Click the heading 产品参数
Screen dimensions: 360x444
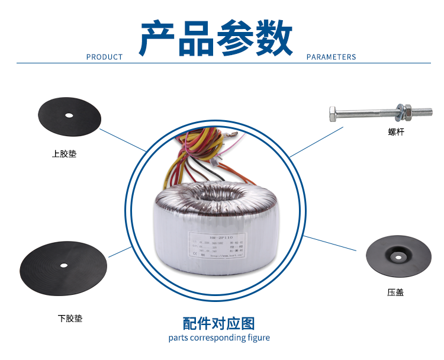[x=215, y=38]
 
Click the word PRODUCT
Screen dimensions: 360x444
[x=104, y=57]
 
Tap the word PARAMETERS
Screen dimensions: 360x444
[x=331, y=57]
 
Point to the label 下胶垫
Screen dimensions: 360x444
[x=70, y=319]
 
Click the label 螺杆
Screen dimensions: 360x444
[x=396, y=132]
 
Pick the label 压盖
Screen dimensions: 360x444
[x=395, y=292]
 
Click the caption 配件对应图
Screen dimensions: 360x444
[x=219, y=324]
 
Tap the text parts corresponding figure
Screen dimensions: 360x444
[x=219, y=338]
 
